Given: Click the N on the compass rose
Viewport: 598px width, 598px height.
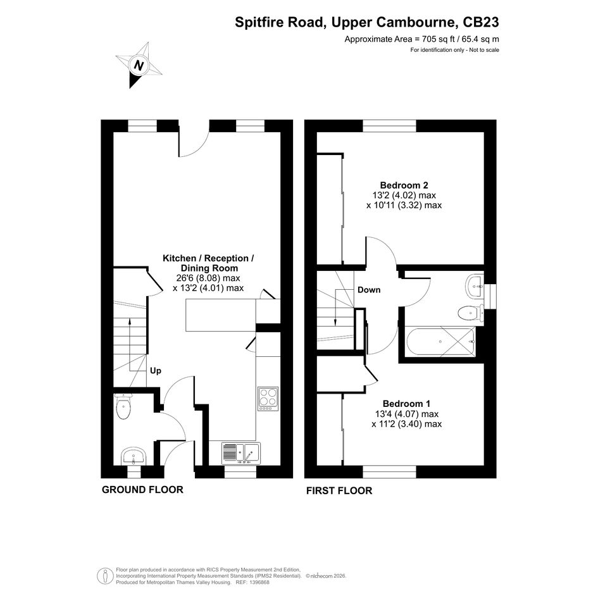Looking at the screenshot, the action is (x=139, y=65).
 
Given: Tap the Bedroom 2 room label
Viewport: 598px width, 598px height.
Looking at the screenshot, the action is (x=404, y=185).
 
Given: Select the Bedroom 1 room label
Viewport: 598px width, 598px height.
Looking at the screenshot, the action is (x=406, y=404).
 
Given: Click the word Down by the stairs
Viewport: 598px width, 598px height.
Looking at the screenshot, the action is (x=369, y=290).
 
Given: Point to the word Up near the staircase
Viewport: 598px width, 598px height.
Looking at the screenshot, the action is (x=155, y=371).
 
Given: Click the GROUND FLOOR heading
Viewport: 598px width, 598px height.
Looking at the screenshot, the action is (x=142, y=490).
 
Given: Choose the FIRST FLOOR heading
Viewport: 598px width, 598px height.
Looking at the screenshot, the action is (x=339, y=490).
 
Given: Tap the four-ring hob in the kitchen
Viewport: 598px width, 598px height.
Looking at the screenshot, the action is (x=268, y=399).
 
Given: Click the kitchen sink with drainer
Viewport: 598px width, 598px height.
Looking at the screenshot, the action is (x=241, y=453).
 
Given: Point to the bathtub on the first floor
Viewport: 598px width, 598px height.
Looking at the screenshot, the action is (x=441, y=342).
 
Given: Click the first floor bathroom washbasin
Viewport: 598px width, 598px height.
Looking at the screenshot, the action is (x=475, y=285).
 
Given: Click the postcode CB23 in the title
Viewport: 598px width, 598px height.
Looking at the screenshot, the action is (x=480, y=22).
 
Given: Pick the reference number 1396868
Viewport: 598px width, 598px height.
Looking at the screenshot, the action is (x=258, y=582).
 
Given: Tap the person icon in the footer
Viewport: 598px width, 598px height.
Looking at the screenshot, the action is (x=103, y=576).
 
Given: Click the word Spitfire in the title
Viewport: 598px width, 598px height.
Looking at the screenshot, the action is (x=259, y=22).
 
